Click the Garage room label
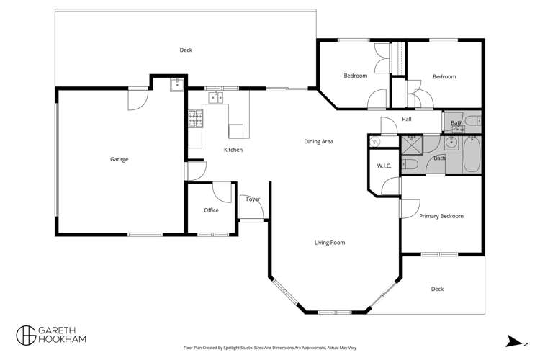point(119,159)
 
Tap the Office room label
point(211,210)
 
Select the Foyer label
point(253,199)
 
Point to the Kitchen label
point(233,150)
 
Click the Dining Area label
point(318,142)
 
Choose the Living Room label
point(330,243)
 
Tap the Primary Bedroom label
point(441,216)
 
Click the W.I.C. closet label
point(384,166)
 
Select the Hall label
point(407,120)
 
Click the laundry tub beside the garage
point(176,84)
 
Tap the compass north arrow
point(513,341)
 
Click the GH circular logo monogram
point(26,335)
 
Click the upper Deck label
point(186,50)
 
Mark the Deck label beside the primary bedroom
point(437,289)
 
